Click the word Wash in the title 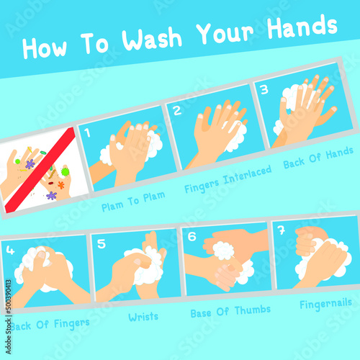(152, 39)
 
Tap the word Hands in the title (302, 27)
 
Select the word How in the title (45, 48)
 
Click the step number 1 (87, 132)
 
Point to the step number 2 (177, 110)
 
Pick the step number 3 (264, 89)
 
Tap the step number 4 (10, 250)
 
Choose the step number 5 (102, 243)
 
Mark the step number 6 (192, 237)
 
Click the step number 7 (282, 230)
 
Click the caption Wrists (143, 317)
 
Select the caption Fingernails (325, 305)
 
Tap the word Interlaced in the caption (247, 174)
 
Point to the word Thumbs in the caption (253, 310)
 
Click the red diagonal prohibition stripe (40, 170)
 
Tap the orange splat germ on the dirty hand (61, 185)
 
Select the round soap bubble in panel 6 (223, 251)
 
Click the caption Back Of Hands (318, 158)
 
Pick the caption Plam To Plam (133, 202)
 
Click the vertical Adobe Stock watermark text (8, 317)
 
